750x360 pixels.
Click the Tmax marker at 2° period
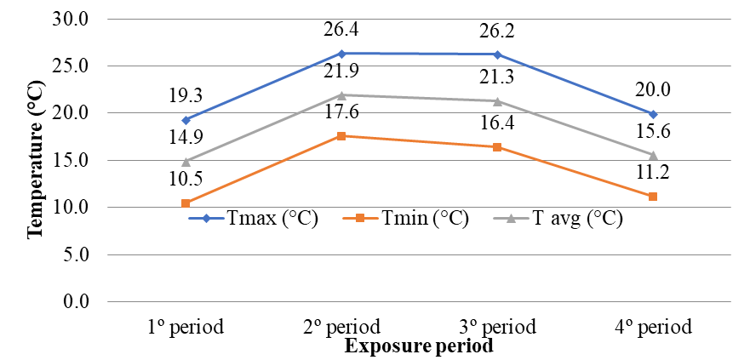[x=341, y=53]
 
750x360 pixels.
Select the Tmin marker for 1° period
[x=185, y=203]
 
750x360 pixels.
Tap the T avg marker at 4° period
[x=653, y=155]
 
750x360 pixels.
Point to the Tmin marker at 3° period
[x=497, y=147]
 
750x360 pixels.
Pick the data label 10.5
[x=185, y=180]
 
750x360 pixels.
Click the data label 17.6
[x=341, y=114]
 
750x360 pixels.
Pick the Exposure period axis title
[x=419, y=346]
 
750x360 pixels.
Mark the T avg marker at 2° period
[x=341, y=94]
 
